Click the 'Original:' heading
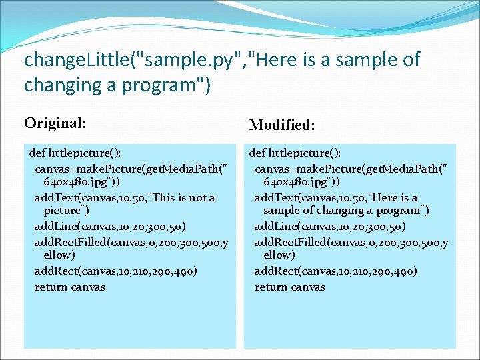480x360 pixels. (55, 123)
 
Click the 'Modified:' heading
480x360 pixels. (282, 125)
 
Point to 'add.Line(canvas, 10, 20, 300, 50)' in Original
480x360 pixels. (110, 227)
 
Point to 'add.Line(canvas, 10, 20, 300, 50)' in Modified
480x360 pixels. (330, 227)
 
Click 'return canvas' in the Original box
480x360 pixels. (70, 287)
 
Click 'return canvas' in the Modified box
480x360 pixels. (290, 287)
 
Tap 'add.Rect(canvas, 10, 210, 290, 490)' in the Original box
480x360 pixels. (115, 271)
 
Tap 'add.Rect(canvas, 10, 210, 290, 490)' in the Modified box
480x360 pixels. (335, 271)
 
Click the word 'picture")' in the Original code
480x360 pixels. (65, 211)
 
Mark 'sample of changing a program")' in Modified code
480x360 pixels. (346, 211)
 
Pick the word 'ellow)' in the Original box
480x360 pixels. (59, 255)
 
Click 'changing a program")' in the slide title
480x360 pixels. (117, 85)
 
